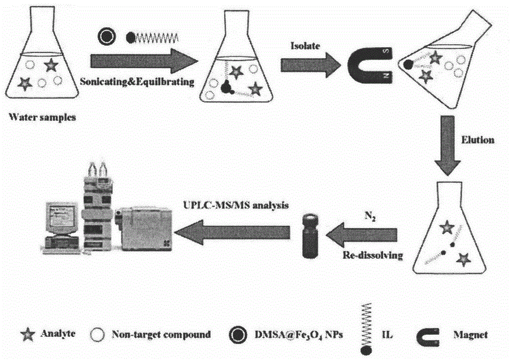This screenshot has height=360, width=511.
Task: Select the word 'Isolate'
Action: tap(310, 47)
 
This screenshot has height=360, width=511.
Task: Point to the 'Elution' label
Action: tap(477, 140)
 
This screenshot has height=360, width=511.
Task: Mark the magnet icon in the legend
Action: tap(435, 335)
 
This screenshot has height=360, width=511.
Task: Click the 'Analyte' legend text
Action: tap(56, 335)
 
